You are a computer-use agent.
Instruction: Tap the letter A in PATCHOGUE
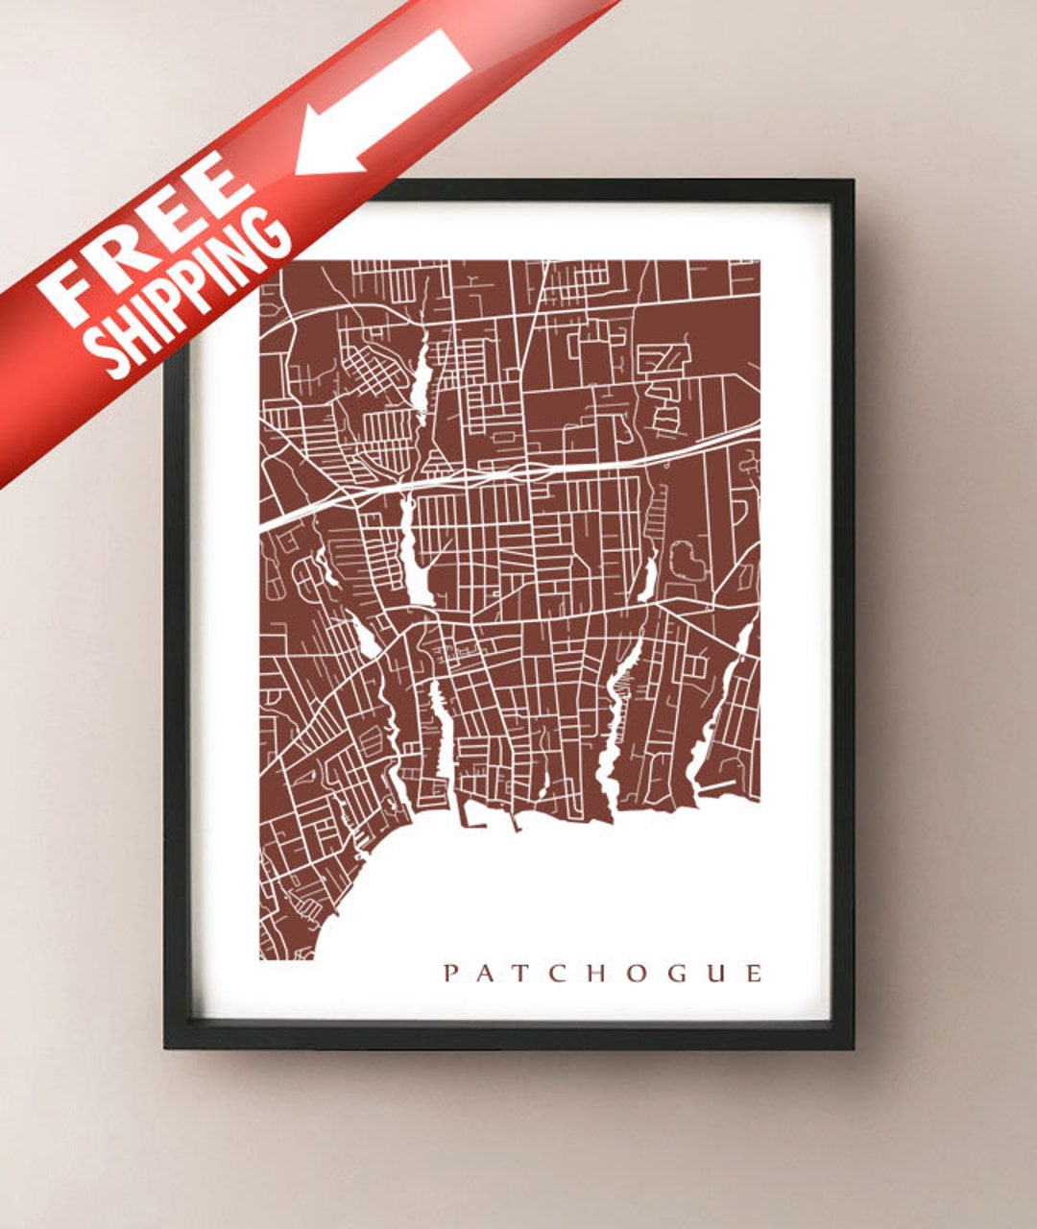tap(487, 974)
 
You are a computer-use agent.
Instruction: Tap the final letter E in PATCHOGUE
tap(754, 974)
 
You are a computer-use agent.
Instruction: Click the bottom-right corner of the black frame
tap(851, 1046)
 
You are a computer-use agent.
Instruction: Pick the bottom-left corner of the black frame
tap(167, 1046)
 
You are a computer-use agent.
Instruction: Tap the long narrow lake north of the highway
tap(421, 370)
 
